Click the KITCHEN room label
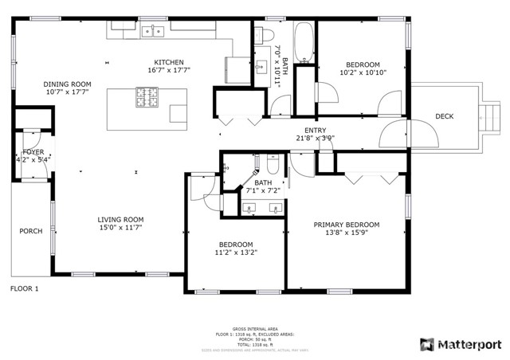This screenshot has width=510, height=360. tap(169, 62)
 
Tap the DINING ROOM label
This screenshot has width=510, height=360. tap(67, 84)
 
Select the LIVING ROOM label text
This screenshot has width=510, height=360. tap(120, 220)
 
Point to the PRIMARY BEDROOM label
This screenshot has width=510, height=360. tap(346, 225)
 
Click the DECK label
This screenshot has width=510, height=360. tap(444, 117)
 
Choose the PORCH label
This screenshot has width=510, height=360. tap(31, 231)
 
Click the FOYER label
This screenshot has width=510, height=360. tap(33, 151)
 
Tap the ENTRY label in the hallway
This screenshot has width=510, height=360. tap(315, 130)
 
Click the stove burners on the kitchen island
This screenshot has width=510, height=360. tap(147, 98)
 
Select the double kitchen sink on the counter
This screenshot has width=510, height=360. tap(153, 31)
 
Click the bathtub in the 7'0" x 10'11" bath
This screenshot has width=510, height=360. tap(304, 41)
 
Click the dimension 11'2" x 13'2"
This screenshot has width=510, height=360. tap(236, 252)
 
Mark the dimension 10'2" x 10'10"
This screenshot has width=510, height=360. tap(363, 72)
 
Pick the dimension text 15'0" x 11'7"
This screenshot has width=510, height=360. tap(120, 229)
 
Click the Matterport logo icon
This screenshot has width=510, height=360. tap(426, 344)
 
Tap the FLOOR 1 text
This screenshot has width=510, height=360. tap(24, 288)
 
